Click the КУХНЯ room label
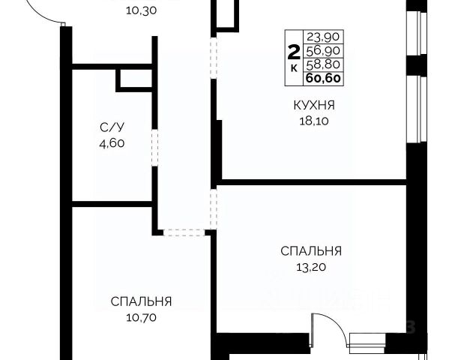click(314, 105)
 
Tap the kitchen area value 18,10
click(314, 121)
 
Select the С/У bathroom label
click(112, 127)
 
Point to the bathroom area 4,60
click(112, 143)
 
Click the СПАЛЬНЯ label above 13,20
click(311, 251)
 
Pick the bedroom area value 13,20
click(311, 267)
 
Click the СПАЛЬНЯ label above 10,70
click(141, 301)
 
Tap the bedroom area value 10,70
click(141, 317)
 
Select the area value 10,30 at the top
click(141, 10)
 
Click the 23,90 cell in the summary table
click(323, 37)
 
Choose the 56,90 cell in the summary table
click(323, 51)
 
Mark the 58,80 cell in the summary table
click(323, 64)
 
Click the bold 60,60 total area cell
click(323, 78)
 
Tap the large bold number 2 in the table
click(294, 52)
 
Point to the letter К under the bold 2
click(294, 69)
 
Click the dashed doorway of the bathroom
click(154, 148)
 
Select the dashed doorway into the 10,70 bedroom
click(184, 232)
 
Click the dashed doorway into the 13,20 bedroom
click(214, 209)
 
